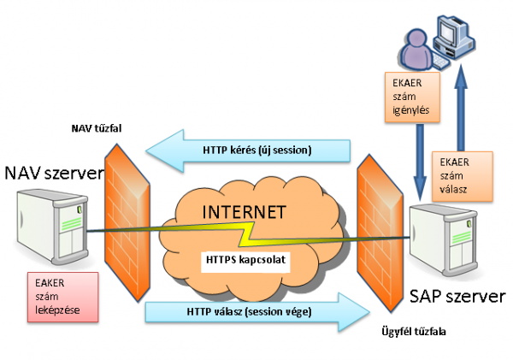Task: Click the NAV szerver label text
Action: click(53, 174)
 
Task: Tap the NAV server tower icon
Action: click(54, 227)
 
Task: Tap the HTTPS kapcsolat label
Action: click(248, 257)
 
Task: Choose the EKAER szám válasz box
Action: click(463, 176)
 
